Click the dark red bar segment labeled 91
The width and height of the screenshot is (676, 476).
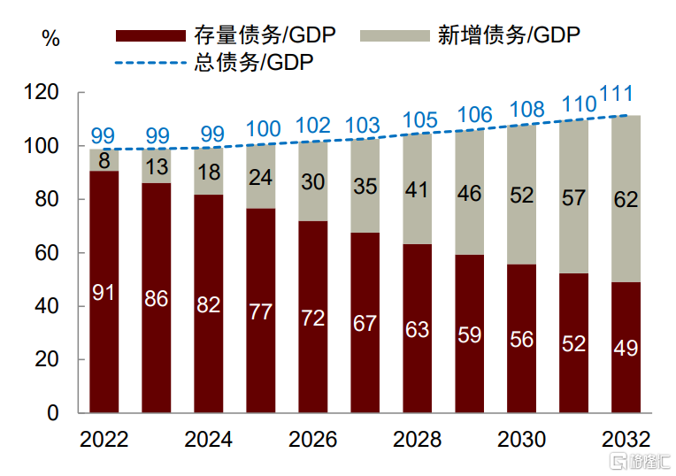(x=104, y=292)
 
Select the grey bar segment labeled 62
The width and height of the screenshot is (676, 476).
(x=626, y=199)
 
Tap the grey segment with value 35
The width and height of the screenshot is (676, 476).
(x=365, y=186)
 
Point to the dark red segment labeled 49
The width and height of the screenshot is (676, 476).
(x=626, y=348)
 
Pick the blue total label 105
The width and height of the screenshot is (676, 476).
(x=420, y=119)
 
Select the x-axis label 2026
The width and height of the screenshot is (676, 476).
(x=312, y=440)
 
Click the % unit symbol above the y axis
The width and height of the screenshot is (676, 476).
(x=50, y=39)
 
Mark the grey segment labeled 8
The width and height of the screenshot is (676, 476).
(x=104, y=160)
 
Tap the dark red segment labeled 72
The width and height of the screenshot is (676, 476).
(x=312, y=318)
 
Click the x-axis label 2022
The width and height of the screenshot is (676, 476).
(x=104, y=440)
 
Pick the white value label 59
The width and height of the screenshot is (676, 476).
(x=469, y=334)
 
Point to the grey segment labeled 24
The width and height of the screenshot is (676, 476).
(x=260, y=177)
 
